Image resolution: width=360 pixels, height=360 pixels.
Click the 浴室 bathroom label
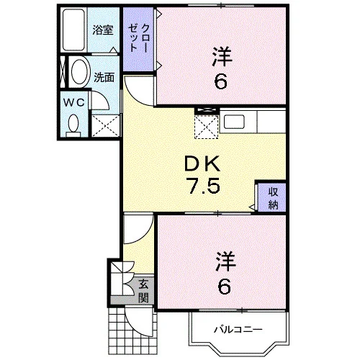(x=103, y=30)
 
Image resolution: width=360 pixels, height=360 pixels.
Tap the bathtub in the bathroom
(x=73, y=30)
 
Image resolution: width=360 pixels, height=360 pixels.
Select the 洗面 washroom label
(x=104, y=77)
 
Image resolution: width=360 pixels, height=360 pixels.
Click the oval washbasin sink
(x=79, y=72)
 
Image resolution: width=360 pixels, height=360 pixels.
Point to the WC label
(x=74, y=102)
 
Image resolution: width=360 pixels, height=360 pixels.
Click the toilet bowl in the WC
(x=73, y=125)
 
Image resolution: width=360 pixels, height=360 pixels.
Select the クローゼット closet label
(x=139, y=38)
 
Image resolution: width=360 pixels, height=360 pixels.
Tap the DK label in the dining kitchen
(x=202, y=163)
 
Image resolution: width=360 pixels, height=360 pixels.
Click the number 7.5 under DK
(x=204, y=186)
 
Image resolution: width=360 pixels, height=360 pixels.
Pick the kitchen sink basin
(x=234, y=122)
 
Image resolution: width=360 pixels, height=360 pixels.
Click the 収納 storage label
(x=273, y=198)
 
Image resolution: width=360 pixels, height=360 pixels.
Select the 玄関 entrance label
(x=143, y=291)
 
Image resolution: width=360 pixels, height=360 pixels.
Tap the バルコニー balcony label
(x=238, y=329)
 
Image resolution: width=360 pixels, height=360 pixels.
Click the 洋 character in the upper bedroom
(x=222, y=57)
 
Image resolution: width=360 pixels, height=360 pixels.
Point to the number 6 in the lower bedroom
(x=225, y=287)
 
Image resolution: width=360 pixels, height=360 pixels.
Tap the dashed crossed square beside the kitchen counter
(x=207, y=127)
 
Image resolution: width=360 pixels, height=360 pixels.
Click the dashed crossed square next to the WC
(x=106, y=126)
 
